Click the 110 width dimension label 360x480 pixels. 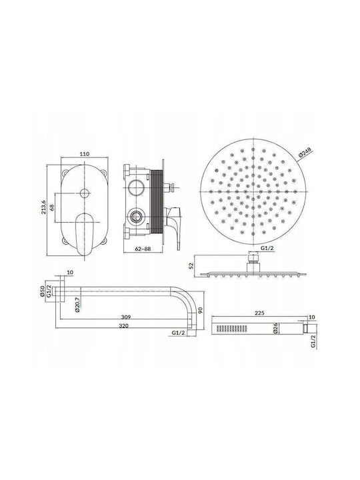[x=85, y=154]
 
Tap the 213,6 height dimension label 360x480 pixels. [x=43, y=207]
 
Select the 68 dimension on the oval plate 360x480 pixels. [x=53, y=207]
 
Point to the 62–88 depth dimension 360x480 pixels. [x=143, y=249]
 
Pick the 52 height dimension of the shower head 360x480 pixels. [x=192, y=265]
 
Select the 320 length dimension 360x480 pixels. [x=124, y=326]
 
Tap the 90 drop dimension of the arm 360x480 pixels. [x=201, y=311]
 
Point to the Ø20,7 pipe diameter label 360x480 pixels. [x=77, y=305]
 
